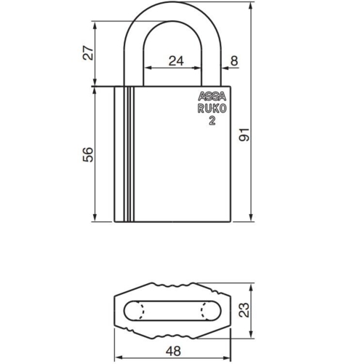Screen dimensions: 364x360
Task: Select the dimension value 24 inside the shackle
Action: click(175, 61)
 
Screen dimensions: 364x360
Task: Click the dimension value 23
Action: click(244, 309)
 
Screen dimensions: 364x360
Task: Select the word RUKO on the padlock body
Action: click(212, 109)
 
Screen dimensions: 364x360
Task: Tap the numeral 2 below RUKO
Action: click(212, 122)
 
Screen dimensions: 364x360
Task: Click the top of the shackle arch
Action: click(174, 9)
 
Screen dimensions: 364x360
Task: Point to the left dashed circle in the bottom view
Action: click(137, 309)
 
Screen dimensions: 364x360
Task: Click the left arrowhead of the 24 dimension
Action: click(148, 68)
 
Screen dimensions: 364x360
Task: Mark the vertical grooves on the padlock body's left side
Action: click(127, 154)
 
